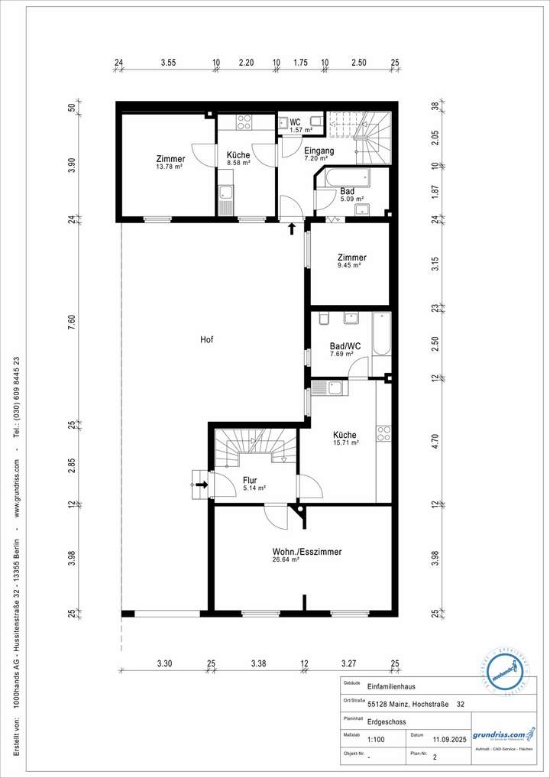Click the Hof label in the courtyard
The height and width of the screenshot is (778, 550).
[x=206, y=339]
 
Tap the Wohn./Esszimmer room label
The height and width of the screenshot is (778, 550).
[x=306, y=551]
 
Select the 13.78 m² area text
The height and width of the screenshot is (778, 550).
[x=170, y=167]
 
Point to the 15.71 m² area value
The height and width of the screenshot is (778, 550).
[x=345, y=442]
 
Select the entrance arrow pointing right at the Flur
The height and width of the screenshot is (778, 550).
[x=202, y=484]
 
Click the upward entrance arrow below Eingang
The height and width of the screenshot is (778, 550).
[x=291, y=228]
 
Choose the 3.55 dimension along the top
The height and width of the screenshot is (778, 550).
[x=168, y=63]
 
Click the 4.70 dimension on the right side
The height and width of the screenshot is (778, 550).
[x=435, y=440]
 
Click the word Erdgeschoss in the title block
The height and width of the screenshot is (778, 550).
[x=387, y=722]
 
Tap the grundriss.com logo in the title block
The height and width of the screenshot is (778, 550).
[x=498, y=734]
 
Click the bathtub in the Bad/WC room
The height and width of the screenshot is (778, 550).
[x=381, y=334]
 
